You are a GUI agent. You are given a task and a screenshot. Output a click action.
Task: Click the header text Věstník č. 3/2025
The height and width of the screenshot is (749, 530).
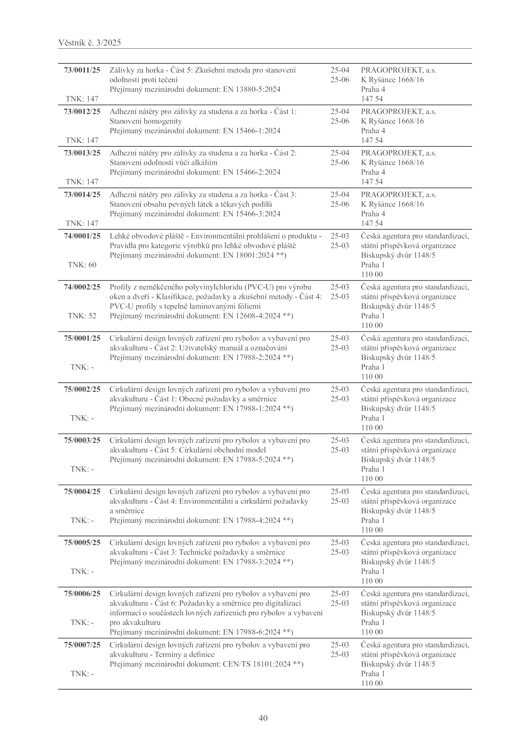[x=89, y=43]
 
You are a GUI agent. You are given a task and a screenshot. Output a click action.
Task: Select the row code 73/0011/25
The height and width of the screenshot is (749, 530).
[x=82, y=70]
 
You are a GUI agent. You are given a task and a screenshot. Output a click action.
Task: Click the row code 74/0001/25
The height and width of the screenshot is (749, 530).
[x=82, y=236]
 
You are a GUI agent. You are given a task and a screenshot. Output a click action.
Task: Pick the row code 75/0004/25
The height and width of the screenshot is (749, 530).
[x=82, y=492]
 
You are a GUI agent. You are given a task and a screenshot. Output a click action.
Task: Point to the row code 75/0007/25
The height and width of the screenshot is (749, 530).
[x=82, y=645]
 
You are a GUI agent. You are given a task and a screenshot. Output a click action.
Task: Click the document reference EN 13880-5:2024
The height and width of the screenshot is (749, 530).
[x=251, y=89]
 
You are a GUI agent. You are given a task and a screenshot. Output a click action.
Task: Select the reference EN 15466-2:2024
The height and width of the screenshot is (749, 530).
[x=251, y=172]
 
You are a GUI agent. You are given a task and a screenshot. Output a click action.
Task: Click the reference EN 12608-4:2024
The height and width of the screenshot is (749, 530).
[x=251, y=316]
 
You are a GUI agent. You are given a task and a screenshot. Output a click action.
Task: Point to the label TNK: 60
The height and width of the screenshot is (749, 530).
[x=82, y=265]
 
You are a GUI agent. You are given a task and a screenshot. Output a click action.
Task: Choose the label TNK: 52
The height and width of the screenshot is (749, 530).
[x=82, y=316]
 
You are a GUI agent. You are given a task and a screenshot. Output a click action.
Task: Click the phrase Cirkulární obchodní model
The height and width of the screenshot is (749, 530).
[x=222, y=450]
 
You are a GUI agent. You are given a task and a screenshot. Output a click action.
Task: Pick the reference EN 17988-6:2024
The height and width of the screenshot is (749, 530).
[x=251, y=632]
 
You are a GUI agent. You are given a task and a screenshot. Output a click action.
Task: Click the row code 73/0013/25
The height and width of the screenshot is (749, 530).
[x=82, y=153]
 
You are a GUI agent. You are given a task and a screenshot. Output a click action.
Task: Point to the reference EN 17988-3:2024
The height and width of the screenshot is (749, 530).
[x=251, y=562]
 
